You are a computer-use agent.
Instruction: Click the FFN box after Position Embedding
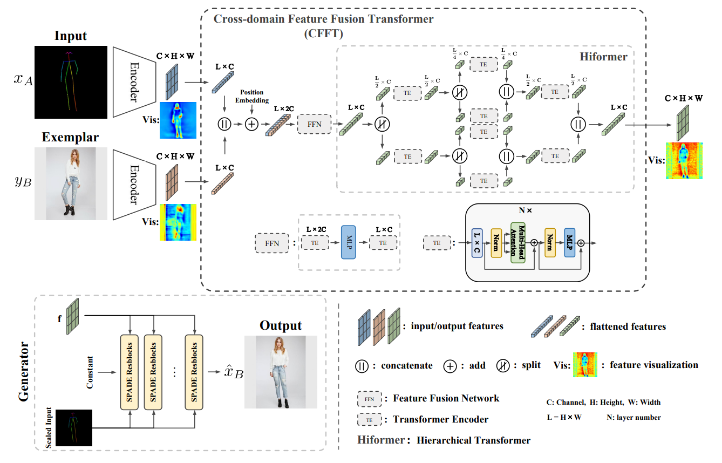(x=314, y=124)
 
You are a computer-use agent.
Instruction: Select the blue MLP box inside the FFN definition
(x=349, y=243)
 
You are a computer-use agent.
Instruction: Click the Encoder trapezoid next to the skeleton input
(x=134, y=81)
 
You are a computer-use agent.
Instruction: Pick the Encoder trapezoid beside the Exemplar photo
(x=134, y=185)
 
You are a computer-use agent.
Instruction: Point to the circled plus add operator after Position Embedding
(x=252, y=124)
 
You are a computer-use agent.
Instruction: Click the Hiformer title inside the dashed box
(x=603, y=56)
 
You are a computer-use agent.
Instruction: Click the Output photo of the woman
(x=281, y=371)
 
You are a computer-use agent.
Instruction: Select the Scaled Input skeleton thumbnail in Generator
(x=74, y=427)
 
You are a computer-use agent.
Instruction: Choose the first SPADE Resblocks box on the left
(x=130, y=371)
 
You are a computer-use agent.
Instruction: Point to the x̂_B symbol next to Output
(x=230, y=372)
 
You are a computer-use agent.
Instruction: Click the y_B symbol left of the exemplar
(x=23, y=181)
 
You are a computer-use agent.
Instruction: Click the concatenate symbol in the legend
(x=362, y=365)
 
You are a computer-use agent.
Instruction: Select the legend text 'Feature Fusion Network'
(x=446, y=398)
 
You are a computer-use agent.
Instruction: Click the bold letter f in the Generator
(x=60, y=318)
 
